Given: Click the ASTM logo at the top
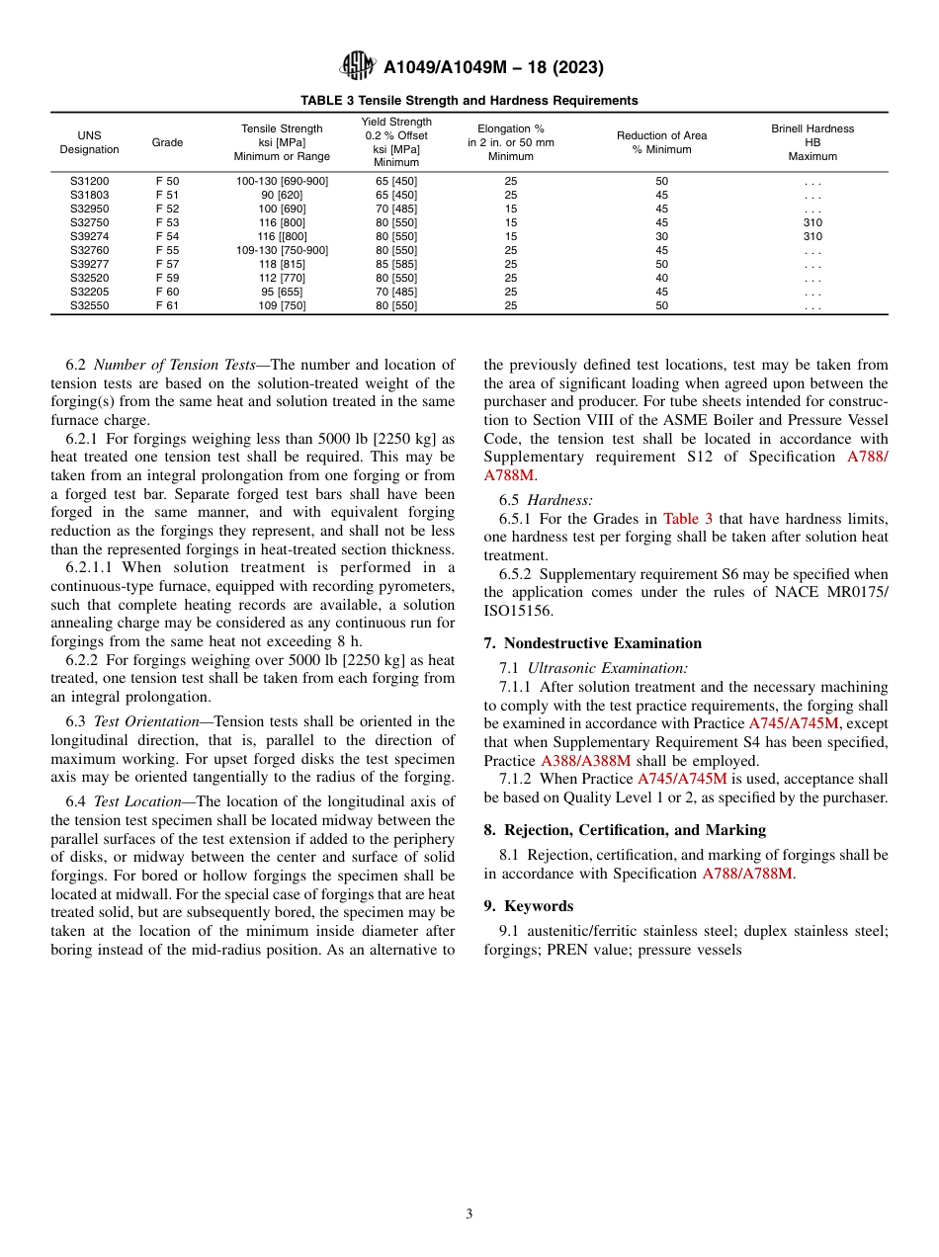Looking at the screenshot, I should tap(357, 66).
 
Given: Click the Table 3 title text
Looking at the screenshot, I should tap(469, 101).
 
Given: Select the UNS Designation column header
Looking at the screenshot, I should tap(89, 142).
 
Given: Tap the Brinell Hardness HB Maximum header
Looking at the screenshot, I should tap(811, 142).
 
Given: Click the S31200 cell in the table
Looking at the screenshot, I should tap(89, 182).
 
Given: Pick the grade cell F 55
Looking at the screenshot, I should tap(167, 251).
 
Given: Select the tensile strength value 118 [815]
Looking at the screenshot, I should tap(282, 265).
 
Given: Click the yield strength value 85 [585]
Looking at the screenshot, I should tap(395, 265).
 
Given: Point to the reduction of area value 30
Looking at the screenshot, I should tap(661, 237).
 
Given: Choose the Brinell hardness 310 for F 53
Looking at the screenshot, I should tap(811, 223).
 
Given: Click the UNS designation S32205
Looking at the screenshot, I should tap(89, 293).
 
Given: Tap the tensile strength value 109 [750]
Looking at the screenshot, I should tap(282, 306).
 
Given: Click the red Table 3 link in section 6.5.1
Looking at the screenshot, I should tap(688, 519).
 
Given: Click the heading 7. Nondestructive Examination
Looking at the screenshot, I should tap(592, 643).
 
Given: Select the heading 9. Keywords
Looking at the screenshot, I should tap(529, 906).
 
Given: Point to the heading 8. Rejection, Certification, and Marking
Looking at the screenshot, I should tap(625, 830).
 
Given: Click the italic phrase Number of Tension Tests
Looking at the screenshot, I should tap(175, 366).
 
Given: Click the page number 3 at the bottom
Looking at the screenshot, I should tap(469, 1215).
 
